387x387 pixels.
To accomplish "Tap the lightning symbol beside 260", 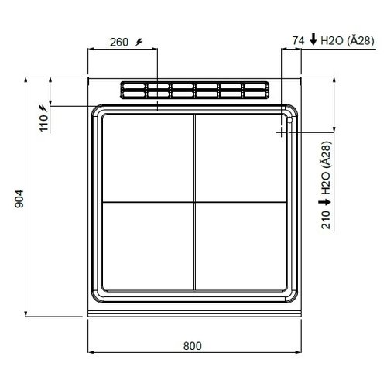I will click(x=139, y=42).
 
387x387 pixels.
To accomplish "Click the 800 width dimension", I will click(x=193, y=345).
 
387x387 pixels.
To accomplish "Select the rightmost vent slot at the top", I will click(x=254, y=91).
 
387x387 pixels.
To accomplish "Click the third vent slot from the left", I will click(x=182, y=91).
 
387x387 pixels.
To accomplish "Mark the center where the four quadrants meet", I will click(x=193, y=202).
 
